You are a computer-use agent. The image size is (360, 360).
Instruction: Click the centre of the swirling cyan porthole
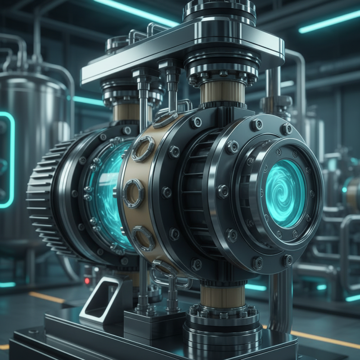tap(285, 193)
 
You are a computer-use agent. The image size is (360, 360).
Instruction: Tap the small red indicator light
tap(87, 281)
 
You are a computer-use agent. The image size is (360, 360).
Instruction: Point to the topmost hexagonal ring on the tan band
tap(143, 148)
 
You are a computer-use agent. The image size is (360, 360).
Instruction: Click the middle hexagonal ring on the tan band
tap(134, 193)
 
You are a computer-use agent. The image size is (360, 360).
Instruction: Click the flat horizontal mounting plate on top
tap(180, 49)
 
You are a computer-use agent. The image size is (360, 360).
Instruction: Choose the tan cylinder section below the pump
tap(222, 295)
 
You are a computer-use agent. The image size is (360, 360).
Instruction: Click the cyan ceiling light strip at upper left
tap(135, 11)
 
